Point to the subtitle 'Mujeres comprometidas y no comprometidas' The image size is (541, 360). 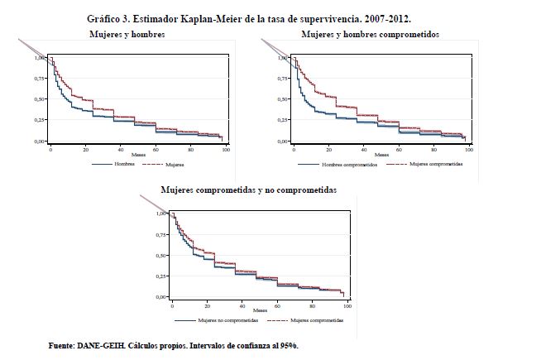248,190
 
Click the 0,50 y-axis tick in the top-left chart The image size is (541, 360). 40,100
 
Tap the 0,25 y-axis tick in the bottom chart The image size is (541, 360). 160,275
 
